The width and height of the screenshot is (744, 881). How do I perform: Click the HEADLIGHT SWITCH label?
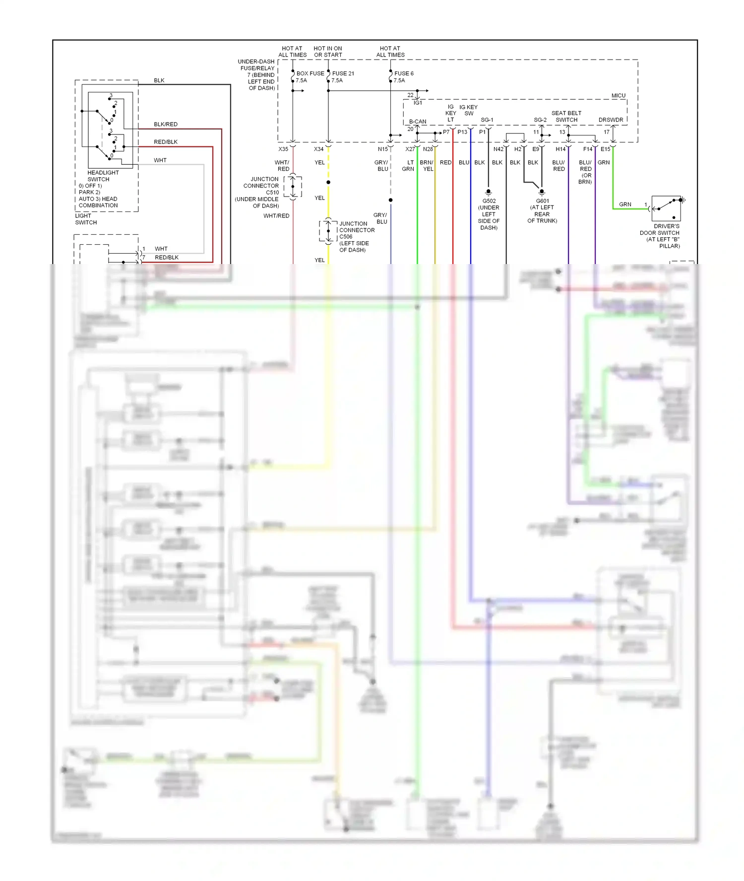click(103, 176)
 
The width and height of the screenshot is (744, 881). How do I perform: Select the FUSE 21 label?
click(343, 73)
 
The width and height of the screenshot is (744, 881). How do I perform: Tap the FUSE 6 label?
click(404, 73)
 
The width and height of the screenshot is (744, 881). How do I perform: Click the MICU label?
click(618, 95)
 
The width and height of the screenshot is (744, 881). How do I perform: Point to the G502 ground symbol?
click(489, 192)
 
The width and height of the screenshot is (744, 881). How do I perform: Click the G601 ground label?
click(542, 201)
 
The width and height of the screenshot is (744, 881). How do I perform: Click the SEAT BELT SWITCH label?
click(566, 116)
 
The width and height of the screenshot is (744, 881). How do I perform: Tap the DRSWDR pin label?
click(611, 120)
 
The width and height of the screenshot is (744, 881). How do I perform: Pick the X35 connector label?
click(283, 149)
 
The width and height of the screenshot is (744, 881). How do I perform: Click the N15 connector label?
click(382, 149)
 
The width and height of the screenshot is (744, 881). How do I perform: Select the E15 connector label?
click(605, 149)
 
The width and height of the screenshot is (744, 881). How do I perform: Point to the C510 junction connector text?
click(272, 193)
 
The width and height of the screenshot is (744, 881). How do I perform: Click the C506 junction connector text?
click(346, 237)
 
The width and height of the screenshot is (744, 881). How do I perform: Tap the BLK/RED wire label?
click(166, 124)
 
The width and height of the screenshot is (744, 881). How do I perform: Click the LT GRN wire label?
click(408, 166)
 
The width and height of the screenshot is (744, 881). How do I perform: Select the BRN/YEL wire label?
click(427, 166)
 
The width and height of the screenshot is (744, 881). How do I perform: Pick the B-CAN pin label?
click(417, 122)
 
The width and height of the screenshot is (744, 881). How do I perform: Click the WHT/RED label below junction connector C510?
click(276, 216)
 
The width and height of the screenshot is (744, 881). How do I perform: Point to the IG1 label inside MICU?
click(418, 103)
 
